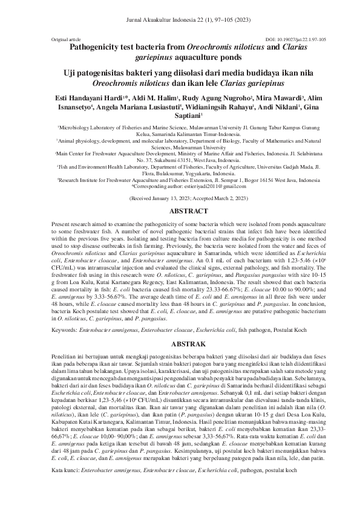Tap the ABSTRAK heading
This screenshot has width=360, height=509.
(x=180, y=343)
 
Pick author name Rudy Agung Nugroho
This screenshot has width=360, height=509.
(x=201, y=97)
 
